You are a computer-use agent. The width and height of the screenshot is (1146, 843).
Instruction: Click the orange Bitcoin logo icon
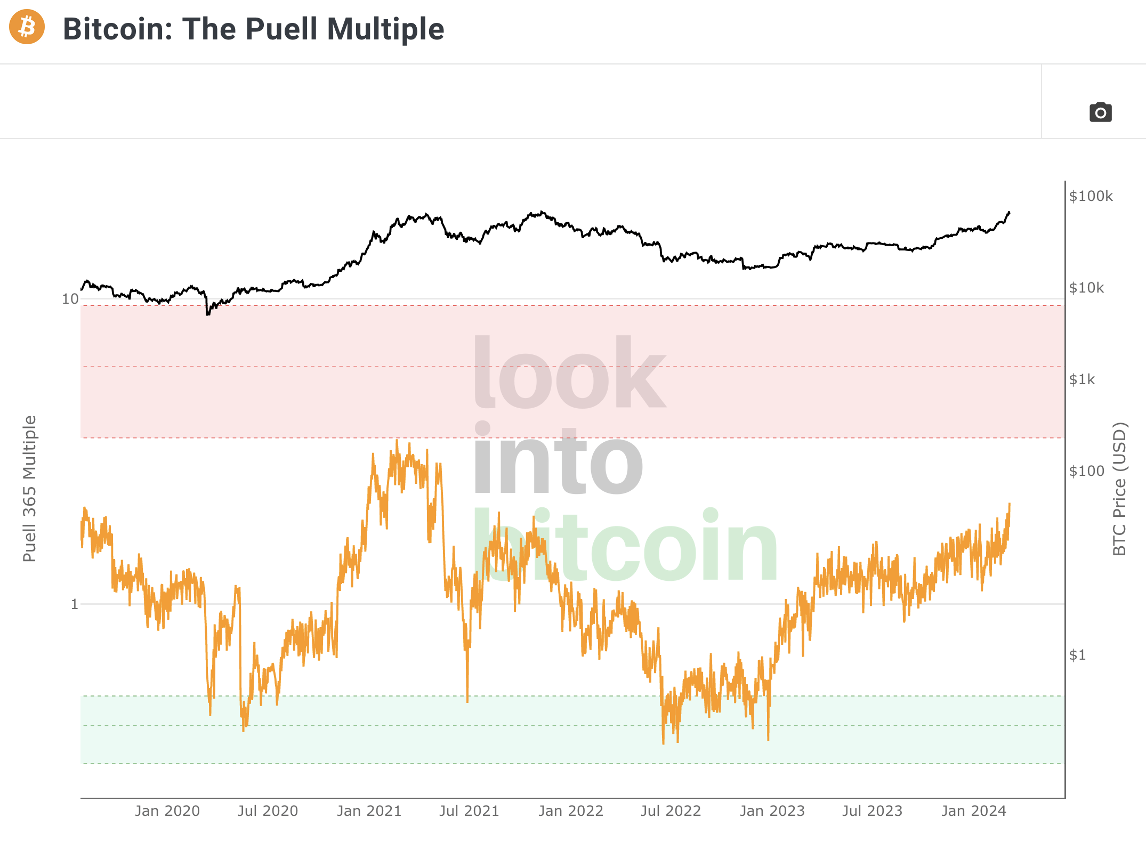coord(27,27)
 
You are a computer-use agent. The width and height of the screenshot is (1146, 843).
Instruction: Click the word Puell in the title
coord(281,29)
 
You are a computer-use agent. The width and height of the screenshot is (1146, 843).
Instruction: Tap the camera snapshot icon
coord(1100,112)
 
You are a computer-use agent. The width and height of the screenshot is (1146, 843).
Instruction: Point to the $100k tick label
coord(1091,196)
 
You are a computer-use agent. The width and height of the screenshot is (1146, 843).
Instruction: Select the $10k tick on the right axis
coord(1086,288)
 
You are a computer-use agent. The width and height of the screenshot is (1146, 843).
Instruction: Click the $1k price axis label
coord(1082,379)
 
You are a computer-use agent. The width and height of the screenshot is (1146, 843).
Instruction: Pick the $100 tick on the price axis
coord(1086,471)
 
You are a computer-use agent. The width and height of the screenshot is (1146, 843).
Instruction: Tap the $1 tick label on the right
coord(1077,655)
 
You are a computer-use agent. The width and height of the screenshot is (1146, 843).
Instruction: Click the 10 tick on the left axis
coord(70,299)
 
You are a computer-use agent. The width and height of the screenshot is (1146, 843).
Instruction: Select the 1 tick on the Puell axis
coord(75,604)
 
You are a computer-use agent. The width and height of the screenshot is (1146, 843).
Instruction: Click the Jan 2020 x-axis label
coord(167,811)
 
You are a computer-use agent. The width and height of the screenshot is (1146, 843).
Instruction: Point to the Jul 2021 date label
coord(469,811)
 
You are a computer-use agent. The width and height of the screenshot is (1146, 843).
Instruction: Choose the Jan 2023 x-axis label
coord(772,811)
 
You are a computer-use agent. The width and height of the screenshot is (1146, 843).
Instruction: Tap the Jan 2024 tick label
coord(973,811)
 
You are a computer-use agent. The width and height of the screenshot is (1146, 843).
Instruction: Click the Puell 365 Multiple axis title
coord(29,489)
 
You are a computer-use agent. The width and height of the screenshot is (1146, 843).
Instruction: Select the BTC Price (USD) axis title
coord(1119,489)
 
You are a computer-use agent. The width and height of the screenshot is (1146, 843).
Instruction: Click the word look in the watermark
coord(569,373)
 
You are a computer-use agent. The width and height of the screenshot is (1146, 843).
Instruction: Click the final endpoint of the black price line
coord(1009,213)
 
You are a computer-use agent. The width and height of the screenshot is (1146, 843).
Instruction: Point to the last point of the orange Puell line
coord(1010,504)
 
